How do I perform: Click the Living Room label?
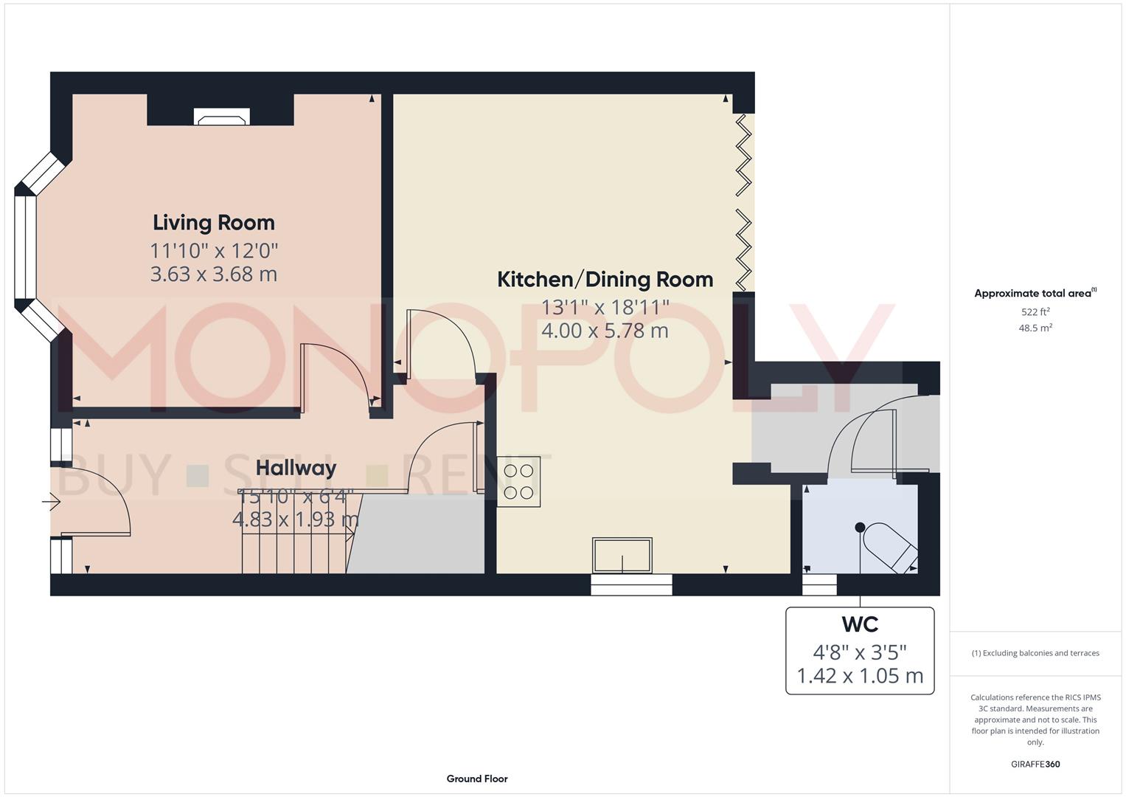pos(214,222)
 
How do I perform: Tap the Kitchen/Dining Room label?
pos(605,280)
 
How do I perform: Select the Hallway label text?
pos(296,468)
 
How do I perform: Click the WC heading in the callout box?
pos(860,624)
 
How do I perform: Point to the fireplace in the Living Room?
pos(221,117)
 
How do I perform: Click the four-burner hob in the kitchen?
pos(518,481)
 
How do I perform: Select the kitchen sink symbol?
pos(622,555)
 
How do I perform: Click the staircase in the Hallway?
pos(295,542)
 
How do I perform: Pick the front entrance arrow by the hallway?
pos(51,503)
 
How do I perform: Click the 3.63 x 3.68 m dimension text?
pos(214,275)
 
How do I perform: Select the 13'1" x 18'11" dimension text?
pos(605,306)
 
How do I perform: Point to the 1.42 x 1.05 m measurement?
pos(860,676)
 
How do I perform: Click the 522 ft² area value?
pos(1035,312)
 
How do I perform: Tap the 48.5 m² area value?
pos(1035,328)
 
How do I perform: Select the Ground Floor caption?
pos(477,779)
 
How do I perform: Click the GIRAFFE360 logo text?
pos(1035,764)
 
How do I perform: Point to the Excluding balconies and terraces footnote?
pos(1035,653)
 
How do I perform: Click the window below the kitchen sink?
pos(631,585)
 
